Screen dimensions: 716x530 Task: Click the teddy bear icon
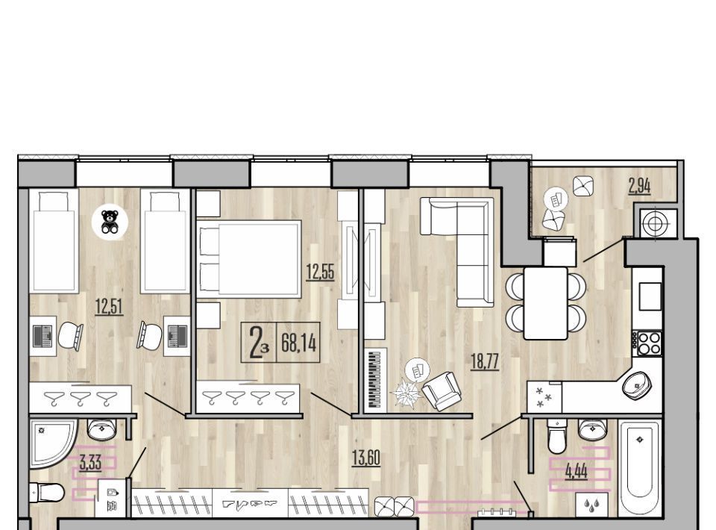[x=110, y=222]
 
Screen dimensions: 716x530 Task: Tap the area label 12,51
[x=109, y=305]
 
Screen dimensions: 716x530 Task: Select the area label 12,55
[x=320, y=272]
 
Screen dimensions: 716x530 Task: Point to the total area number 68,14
[x=298, y=342]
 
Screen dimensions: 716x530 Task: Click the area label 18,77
[x=485, y=361]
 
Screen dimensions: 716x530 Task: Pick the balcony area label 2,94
[x=639, y=186]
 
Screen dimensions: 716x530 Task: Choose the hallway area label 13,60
[x=366, y=458]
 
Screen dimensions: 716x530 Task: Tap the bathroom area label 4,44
[x=577, y=471]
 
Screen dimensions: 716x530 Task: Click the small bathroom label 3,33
[x=90, y=463]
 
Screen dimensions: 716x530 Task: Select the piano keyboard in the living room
[x=376, y=379]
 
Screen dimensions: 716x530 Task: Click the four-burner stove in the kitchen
[x=648, y=343]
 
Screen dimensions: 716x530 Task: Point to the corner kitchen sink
[x=638, y=384]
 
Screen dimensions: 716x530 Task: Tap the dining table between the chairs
[x=546, y=303]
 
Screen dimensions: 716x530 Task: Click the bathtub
[x=639, y=469]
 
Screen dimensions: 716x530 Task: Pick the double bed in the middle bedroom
[x=249, y=259]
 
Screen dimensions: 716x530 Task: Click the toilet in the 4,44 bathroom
[x=556, y=437]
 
